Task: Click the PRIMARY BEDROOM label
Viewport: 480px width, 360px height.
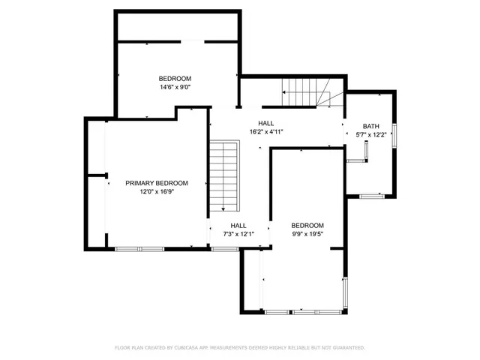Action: point(156,183)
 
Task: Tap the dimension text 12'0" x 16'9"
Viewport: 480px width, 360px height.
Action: point(156,192)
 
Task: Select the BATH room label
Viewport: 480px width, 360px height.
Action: point(371,126)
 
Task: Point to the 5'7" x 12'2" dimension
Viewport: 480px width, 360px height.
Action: point(371,135)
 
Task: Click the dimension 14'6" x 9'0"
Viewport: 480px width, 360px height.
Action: point(175,87)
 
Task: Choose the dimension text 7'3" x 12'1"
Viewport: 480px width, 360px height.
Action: point(238,234)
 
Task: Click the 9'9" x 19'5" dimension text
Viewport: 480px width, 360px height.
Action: point(307,234)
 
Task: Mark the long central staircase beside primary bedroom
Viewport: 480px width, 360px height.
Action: point(223,175)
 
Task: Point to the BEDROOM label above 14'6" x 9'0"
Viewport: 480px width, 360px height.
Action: point(175,79)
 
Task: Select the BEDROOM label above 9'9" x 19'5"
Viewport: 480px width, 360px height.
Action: point(307,226)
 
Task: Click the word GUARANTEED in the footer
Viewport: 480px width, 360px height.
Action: point(346,348)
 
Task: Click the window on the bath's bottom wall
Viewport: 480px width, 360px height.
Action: point(371,196)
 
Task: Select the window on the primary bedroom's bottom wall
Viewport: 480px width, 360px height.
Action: point(139,248)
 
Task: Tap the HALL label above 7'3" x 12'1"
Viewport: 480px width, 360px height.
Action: point(238,226)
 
